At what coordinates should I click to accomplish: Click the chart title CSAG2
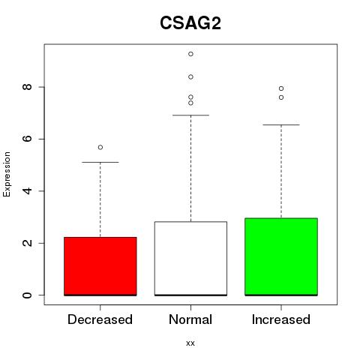pos(190,23)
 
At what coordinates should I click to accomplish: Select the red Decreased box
pos(100,266)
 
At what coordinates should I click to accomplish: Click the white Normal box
pos(190,259)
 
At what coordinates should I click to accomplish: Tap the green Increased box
pos(281,256)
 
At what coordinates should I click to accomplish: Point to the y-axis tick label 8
pos(27,87)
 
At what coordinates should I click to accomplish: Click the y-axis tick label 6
pos(27,139)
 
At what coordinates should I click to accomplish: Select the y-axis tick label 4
pos(27,191)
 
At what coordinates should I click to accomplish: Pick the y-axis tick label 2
pos(27,243)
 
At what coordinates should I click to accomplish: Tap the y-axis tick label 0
pos(27,295)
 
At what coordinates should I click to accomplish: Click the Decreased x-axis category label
pos(100,319)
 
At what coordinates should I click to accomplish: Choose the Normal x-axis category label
pos(190,319)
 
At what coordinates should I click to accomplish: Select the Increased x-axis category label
pos(281,319)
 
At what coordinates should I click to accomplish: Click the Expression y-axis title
pos(7,174)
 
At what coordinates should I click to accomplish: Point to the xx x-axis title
pos(190,343)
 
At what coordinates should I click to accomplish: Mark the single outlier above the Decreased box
pos(100,147)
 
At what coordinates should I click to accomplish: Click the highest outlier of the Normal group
pos(190,54)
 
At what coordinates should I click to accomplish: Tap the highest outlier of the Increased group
pos(281,88)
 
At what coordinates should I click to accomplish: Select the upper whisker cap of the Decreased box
pos(100,162)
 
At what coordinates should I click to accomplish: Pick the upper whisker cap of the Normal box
pos(190,115)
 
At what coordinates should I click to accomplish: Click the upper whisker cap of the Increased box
pos(281,124)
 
